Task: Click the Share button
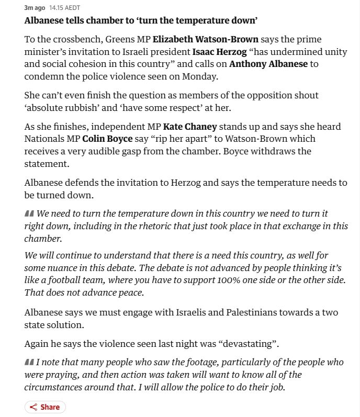pos(45,407)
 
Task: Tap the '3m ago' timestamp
pos(35,8)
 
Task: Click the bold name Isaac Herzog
pos(220,52)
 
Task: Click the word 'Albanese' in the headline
pos(45,21)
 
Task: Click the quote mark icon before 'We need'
pos(29,214)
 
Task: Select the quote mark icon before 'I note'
pos(29,363)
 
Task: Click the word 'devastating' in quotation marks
pos(249,344)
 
